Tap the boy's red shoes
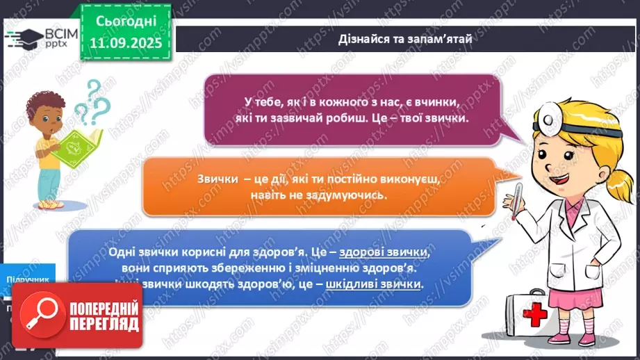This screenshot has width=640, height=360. point(48,205)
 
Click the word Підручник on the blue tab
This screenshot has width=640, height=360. point(28,279)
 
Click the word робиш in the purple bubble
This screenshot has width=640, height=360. point(385,117)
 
